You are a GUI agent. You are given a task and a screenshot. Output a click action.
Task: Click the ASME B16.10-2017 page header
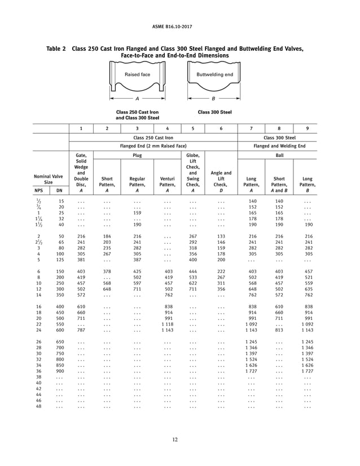[180, 26]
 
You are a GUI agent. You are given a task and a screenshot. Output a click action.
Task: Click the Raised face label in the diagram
[137, 74]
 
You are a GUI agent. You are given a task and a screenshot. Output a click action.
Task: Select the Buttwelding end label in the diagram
[214, 74]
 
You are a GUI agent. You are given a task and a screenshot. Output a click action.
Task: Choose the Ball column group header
[279, 155]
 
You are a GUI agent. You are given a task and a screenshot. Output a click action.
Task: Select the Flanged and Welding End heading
[279, 146]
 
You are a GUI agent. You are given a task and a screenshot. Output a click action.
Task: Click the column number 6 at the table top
[221, 128]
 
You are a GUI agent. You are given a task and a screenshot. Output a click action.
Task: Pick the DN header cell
[59, 191]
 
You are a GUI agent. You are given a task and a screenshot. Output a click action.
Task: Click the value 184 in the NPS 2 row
[107, 236]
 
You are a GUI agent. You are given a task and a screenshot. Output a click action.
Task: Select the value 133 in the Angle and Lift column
[221, 236]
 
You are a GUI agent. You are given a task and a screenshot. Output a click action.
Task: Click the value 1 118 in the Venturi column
[167, 324]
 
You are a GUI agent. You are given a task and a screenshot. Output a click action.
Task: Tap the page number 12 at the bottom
[180, 441]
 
